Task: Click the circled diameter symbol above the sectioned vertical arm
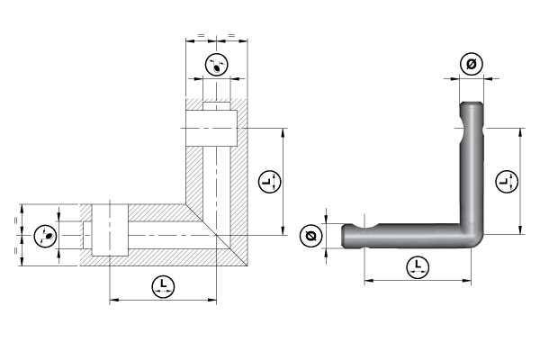coord(215,66)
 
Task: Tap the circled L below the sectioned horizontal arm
coord(162,287)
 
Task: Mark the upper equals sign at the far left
coord(17,220)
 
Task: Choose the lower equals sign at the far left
coord(17,251)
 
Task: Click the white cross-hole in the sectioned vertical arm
coord(211,127)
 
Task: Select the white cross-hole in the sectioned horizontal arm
coord(109,231)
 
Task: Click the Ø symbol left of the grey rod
coord(310,236)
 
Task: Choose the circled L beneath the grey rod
coord(417,265)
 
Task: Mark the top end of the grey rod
coord(472,107)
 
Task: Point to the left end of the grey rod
coord(346,236)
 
